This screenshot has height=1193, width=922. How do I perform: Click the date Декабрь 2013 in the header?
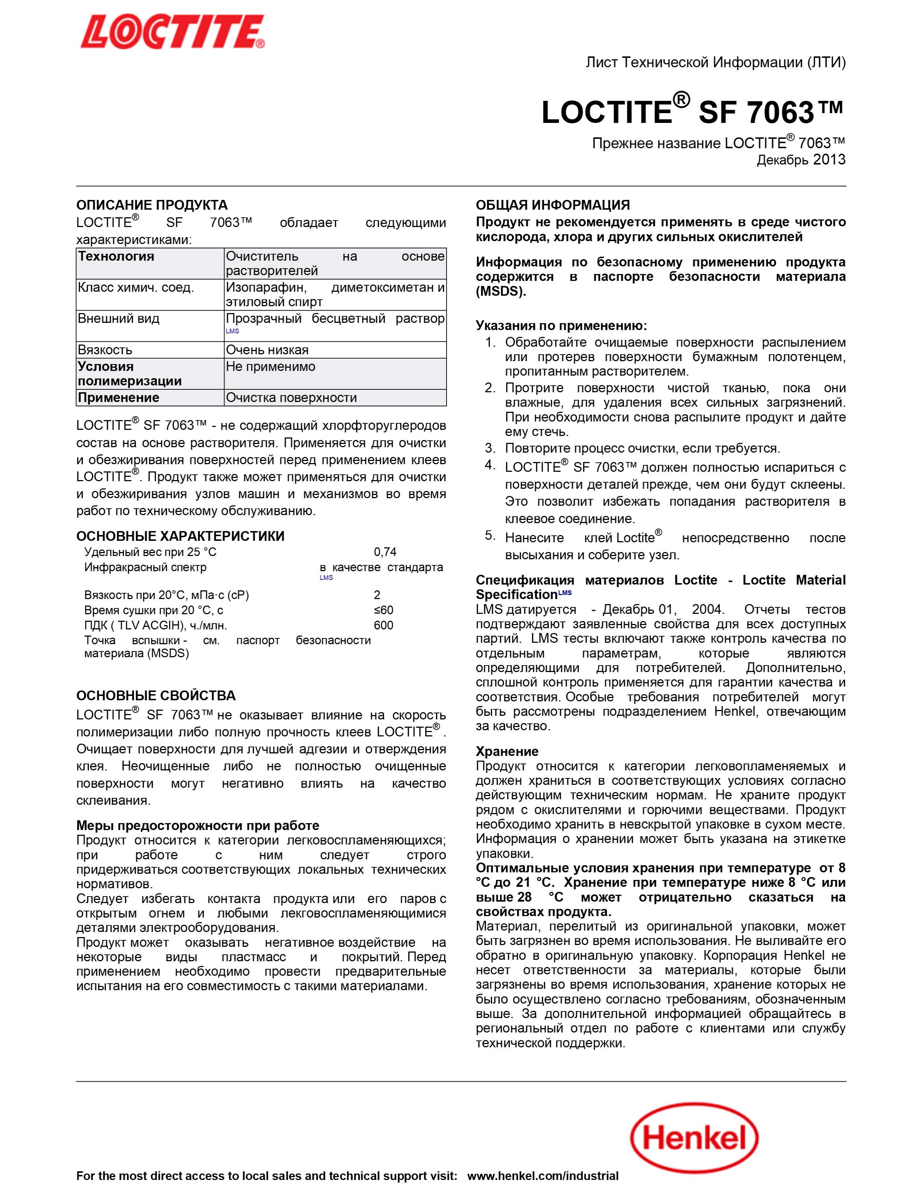coord(801,160)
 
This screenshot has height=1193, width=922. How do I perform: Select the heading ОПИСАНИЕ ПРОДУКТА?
coord(152,205)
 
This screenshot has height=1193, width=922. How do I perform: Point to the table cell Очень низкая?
coord(267,350)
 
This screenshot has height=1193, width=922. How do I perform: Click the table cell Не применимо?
coord(270,367)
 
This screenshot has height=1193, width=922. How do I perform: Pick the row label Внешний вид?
coord(119,318)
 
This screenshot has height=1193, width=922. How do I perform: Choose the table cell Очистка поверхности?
coord(291,398)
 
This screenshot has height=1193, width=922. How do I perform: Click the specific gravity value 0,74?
coord(385,552)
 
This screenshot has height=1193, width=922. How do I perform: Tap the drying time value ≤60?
coord(383,610)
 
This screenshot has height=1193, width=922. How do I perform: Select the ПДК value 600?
coord(383,625)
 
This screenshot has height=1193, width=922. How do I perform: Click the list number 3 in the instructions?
coord(490,449)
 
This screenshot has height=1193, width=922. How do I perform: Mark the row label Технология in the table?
coord(116,256)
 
